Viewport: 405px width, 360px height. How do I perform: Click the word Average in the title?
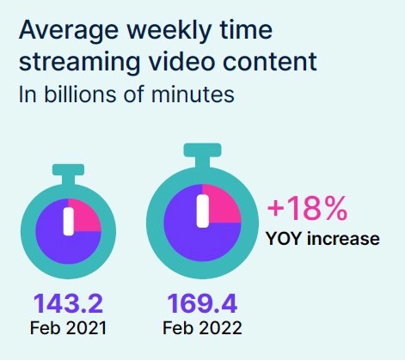point(69,31)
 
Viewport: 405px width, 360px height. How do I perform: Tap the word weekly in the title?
point(169,31)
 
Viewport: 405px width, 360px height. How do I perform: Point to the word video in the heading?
point(181,61)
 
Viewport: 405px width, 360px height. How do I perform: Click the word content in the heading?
point(270,61)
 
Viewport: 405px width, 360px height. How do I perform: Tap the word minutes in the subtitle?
point(193,95)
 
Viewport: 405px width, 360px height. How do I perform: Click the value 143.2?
point(68,303)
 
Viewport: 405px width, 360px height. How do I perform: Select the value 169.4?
point(202,303)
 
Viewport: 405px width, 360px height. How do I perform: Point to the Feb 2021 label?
point(68,328)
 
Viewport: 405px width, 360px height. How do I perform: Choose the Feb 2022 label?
point(202,328)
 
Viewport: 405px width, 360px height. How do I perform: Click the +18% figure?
point(307,208)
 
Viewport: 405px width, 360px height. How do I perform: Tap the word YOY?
point(284,239)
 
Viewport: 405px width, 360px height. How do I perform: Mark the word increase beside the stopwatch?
point(343,239)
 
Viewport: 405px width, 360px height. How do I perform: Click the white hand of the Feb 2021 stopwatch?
point(68,222)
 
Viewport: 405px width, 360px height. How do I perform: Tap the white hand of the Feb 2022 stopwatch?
point(203,211)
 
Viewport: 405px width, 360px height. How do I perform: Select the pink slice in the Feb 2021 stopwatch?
point(85,216)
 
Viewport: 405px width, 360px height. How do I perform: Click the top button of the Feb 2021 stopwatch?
point(68,174)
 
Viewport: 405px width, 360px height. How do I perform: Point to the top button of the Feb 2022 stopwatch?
point(202,156)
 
